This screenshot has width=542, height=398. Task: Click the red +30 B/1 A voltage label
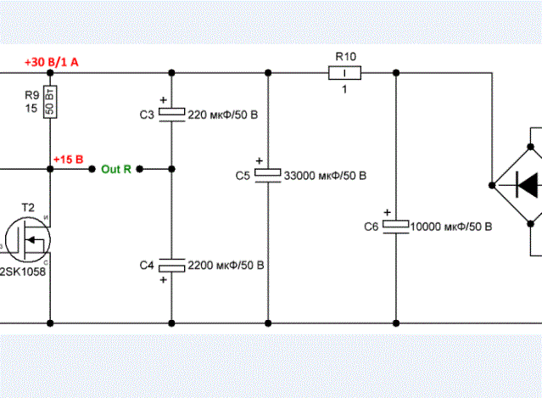pyautogui.click(x=52, y=64)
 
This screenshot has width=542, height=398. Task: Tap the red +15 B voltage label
pyautogui.click(x=68, y=159)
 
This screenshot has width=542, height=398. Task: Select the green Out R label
pyautogui.click(x=116, y=169)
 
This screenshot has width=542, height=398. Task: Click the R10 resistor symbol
pyautogui.click(x=345, y=74)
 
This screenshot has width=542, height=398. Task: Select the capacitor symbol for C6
pyautogui.click(x=395, y=226)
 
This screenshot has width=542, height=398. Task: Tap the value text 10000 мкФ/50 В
pyautogui.click(x=450, y=227)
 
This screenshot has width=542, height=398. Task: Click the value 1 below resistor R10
pyautogui.click(x=345, y=91)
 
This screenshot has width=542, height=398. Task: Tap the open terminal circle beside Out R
pyautogui.click(x=92, y=169)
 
